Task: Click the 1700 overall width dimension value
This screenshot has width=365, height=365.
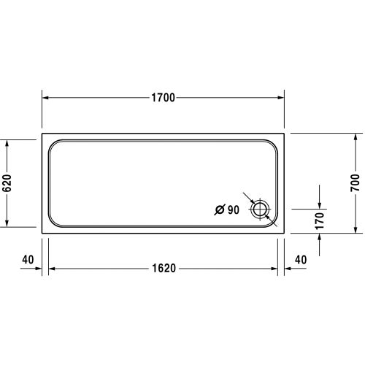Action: (x=164, y=98)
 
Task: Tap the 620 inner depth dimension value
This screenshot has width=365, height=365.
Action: (x=8, y=182)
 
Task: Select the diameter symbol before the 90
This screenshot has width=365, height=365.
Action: (x=220, y=210)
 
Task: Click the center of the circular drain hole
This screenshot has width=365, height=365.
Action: (x=260, y=210)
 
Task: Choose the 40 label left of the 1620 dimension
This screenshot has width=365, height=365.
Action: (x=28, y=259)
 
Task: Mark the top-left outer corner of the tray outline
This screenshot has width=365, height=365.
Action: (x=42, y=134)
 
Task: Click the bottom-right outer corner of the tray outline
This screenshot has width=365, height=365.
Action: (x=285, y=232)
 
